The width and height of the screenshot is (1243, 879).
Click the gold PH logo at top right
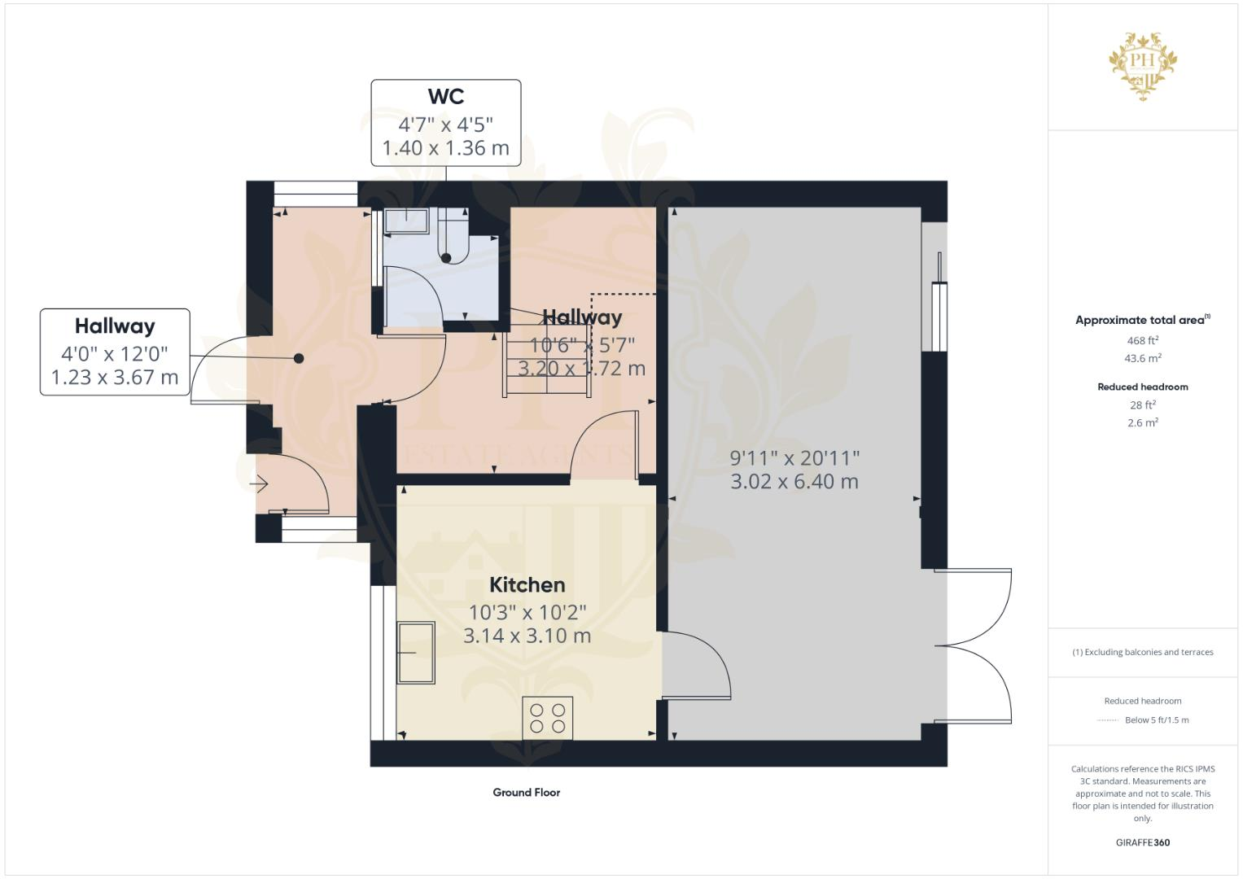[1143, 66]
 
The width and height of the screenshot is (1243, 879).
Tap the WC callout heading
[446, 96]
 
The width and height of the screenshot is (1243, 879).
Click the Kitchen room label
[527, 584]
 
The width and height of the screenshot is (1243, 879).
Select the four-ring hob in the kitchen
[547, 718]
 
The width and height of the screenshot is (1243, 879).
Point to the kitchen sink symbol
[415, 652]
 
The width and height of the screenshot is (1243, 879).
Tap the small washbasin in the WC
[406, 221]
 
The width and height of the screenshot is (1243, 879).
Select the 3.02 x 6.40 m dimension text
[794, 482]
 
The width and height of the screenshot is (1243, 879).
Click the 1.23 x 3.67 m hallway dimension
[115, 378]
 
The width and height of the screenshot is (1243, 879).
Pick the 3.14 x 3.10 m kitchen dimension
[527, 636]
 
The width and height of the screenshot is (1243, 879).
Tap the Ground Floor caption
[526, 792]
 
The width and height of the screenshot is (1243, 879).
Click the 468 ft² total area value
[1142, 340]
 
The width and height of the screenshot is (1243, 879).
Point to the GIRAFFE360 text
[1142, 842]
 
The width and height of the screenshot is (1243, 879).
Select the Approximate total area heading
[1142, 320]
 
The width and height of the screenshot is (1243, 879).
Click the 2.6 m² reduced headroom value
[1142, 422]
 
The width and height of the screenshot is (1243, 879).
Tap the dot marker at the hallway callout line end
[299, 358]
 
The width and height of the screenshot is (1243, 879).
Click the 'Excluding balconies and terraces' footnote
[1142, 652]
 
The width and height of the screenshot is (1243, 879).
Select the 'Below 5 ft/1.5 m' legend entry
[1156, 719]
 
